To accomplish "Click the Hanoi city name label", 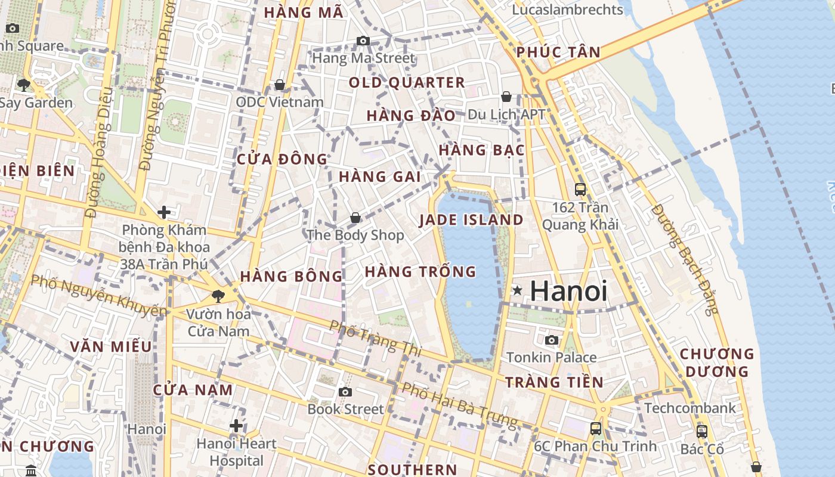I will (x=568, y=291).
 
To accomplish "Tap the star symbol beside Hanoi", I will (x=517, y=290).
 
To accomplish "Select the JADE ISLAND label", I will (x=471, y=219).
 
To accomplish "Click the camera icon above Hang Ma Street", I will (x=363, y=41).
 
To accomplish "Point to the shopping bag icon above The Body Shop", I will (x=355, y=218).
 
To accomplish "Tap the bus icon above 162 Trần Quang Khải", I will (x=580, y=190).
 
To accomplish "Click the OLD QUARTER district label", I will (x=407, y=82).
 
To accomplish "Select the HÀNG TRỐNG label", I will (x=420, y=272).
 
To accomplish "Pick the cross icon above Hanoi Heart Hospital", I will (x=236, y=426).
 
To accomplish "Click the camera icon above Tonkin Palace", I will (x=552, y=340).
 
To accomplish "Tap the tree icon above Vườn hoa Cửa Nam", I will (x=218, y=296).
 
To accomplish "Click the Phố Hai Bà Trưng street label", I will (x=459, y=405).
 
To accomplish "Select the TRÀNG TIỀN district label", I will (x=554, y=382).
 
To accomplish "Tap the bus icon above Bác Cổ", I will (x=702, y=431).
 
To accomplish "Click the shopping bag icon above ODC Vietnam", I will (x=280, y=85).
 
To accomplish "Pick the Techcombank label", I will (x=690, y=408).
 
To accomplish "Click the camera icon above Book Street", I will (x=345, y=392).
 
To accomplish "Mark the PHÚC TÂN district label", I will (x=558, y=52).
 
